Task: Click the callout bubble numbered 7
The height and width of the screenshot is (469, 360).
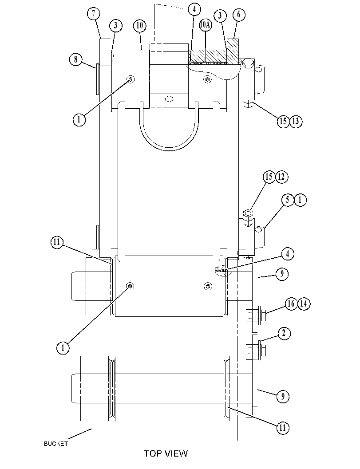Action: click(94, 13)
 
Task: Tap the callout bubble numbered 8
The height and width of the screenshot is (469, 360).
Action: click(76, 59)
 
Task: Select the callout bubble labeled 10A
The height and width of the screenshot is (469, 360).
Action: click(205, 25)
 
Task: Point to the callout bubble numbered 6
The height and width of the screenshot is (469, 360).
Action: click(239, 14)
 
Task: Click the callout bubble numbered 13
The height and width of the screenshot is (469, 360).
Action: click(296, 122)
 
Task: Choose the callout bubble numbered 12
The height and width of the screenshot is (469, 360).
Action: click(281, 177)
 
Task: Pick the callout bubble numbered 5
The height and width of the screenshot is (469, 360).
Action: click(288, 200)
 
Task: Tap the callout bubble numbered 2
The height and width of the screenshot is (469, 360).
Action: click(284, 333)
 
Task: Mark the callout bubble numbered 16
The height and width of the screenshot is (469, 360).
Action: click(291, 304)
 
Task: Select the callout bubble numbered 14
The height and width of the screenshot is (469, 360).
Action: click(304, 304)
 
